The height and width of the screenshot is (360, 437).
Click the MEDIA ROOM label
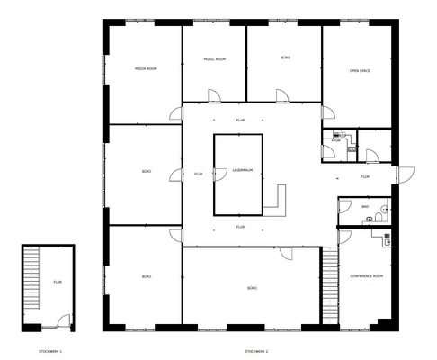click(x=146, y=68)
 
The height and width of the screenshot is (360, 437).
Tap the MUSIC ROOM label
click(x=214, y=59)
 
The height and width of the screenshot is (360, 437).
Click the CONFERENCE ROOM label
click(x=366, y=276)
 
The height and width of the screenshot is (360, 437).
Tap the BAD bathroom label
click(x=366, y=207)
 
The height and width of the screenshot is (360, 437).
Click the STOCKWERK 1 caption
click(x=50, y=349)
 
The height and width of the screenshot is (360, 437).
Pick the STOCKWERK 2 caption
click(x=256, y=349)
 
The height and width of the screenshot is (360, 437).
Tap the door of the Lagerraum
click(x=216, y=175)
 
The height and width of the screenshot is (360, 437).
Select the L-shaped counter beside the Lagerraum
click(x=276, y=205)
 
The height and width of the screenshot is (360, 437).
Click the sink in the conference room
click(x=388, y=238)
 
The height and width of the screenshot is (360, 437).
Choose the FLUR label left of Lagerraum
click(x=198, y=174)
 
